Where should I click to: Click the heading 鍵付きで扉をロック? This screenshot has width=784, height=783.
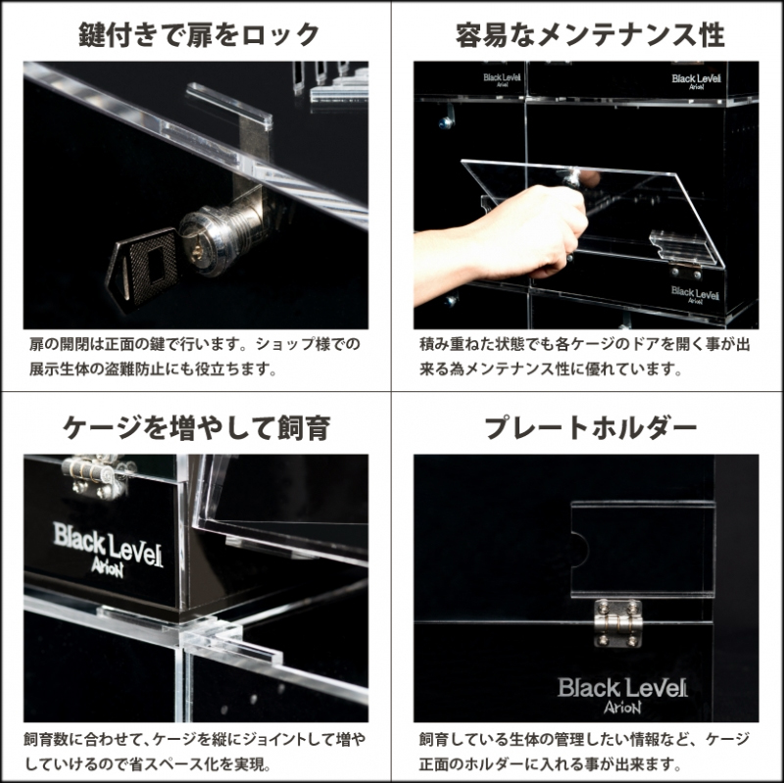pos(199,35)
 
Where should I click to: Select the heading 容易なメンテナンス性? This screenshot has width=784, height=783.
pos(590,35)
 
